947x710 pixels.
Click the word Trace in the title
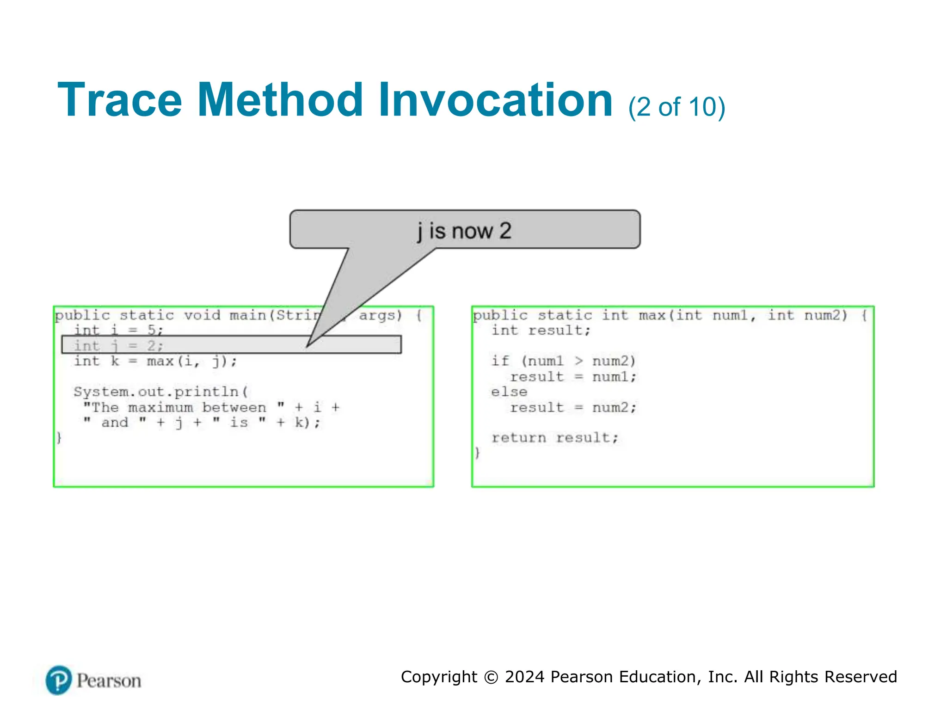click(120, 100)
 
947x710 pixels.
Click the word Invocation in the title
click(495, 100)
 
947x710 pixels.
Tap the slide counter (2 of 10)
click(676, 107)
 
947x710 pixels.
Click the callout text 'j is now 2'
click(464, 231)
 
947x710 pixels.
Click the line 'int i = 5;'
click(119, 330)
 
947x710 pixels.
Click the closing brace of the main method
click(59, 437)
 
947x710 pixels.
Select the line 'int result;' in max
click(541, 330)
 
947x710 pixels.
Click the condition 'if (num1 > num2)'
click(563, 361)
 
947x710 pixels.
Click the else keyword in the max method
click(509, 392)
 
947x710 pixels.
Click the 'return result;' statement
click(554, 437)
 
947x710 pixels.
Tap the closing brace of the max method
click(477, 453)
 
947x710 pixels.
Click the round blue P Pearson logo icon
click(59, 680)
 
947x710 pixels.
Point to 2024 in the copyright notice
click(524, 677)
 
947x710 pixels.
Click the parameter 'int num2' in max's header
click(807, 315)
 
